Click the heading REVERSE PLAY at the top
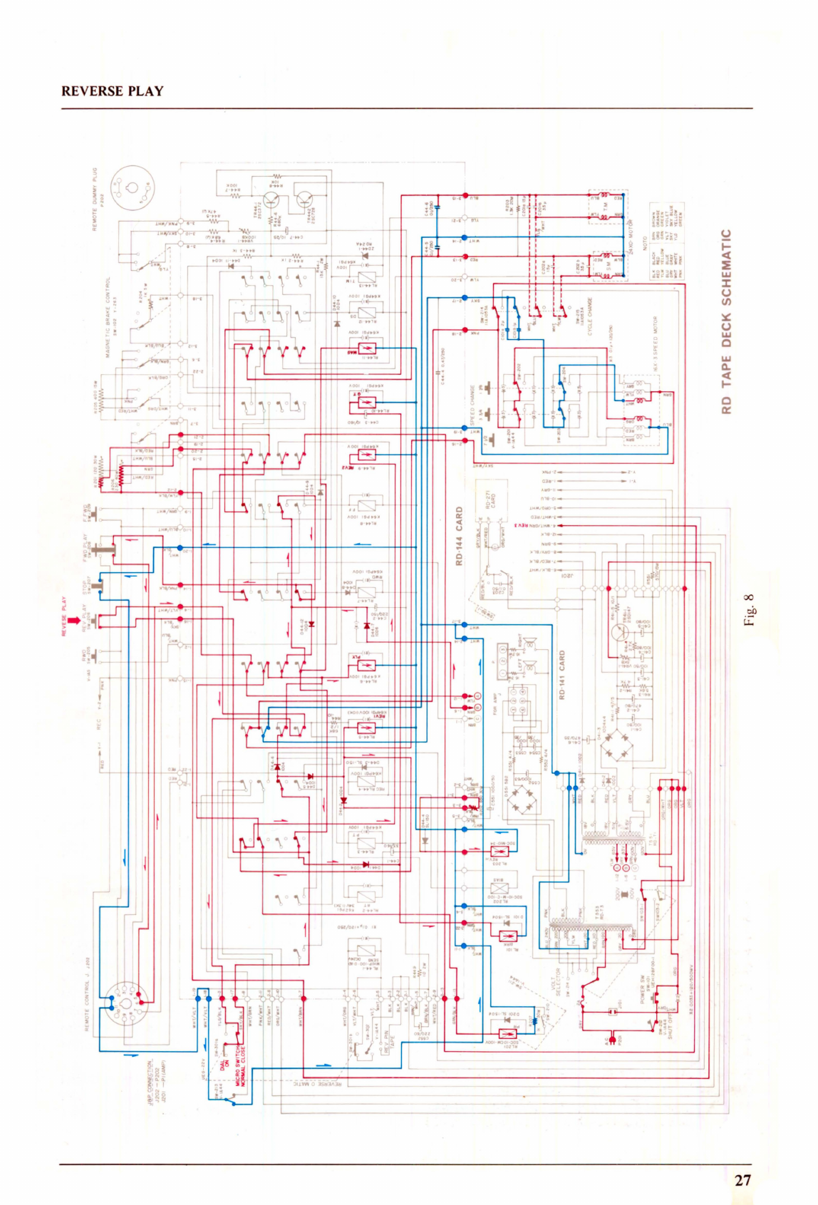(x=112, y=91)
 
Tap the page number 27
(x=742, y=1180)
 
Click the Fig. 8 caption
(x=748, y=610)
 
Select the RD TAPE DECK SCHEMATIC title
(x=726, y=321)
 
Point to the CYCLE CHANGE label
(x=589, y=317)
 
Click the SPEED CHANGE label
(x=472, y=405)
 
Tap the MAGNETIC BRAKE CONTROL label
(x=108, y=317)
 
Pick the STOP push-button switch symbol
(x=100, y=586)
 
